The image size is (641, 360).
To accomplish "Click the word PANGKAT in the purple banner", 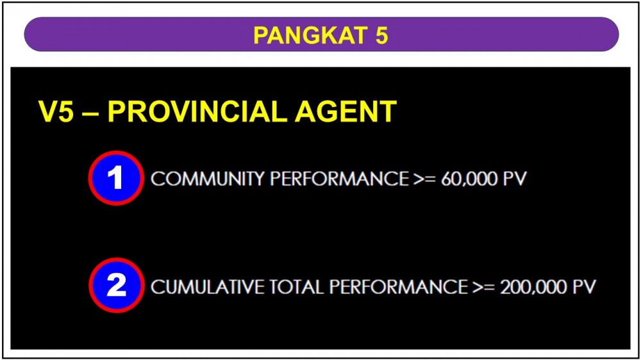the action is pyautogui.click(x=310, y=35).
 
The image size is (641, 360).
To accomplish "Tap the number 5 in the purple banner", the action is pyautogui.click(x=381, y=35).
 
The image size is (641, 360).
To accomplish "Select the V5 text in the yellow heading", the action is pyautogui.click(x=56, y=111).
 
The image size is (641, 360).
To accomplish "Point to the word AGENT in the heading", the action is pyautogui.click(x=346, y=111).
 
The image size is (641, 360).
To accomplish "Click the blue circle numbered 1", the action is pyautogui.click(x=116, y=178).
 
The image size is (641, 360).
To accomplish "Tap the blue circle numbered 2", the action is pyautogui.click(x=116, y=285).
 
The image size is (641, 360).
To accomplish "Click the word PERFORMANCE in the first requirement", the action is pyautogui.click(x=339, y=179).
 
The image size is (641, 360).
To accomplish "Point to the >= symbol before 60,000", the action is pyautogui.click(x=425, y=179).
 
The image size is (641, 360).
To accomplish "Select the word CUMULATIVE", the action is pyautogui.click(x=208, y=287).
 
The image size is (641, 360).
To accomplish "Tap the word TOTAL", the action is pyautogui.click(x=297, y=287).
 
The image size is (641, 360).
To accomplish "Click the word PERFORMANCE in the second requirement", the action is pyautogui.click(x=399, y=287).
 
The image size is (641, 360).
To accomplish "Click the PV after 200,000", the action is pyautogui.click(x=584, y=287).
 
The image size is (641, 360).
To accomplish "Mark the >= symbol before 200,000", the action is pyautogui.click(x=484, y=287).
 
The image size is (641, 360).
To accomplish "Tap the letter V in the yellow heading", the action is pyautogui.click(x=48, y=111).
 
